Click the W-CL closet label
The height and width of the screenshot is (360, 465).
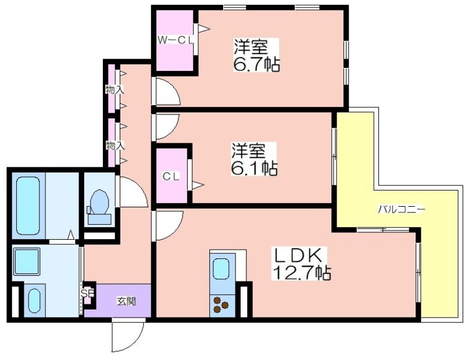pos(176,40)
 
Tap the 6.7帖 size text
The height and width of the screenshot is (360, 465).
pos(256,64)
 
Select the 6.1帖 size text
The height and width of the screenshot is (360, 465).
pos(254,168)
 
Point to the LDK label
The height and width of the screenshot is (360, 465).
pos(298,255)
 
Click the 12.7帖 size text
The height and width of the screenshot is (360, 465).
pos(302,272)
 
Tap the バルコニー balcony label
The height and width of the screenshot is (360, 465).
pos(401,210)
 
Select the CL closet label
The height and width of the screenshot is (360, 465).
pos(171,177)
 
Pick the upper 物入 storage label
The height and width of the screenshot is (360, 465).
pos(115,89)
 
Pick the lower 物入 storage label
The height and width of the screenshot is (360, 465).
pos(115,146)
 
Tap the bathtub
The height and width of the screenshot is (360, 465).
pos(28,206)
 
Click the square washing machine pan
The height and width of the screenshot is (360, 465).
pos(27,262)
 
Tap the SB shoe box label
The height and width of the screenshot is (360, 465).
pos(88,293)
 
